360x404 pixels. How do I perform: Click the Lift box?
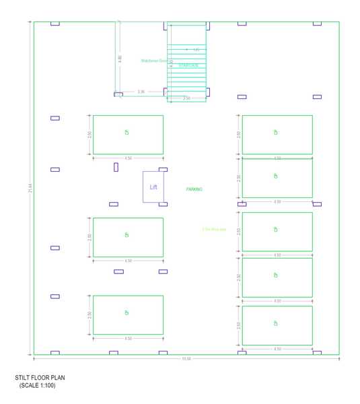[x=152, y=187]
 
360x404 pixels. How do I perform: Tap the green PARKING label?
[x=194, y=190]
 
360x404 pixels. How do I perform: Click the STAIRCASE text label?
[x=188, y=65]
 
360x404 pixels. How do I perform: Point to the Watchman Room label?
[x=153, y=61]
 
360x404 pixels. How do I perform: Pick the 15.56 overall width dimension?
[x=186, y=359]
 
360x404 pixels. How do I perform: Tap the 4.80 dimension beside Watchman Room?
[x=120, y=59]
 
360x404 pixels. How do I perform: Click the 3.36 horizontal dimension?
[x=141, y=92]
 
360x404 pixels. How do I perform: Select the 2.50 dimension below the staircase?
[x=186, y=98]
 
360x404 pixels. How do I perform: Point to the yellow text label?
[x=214, y=230]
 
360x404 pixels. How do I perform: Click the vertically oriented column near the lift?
[x=116, y=166]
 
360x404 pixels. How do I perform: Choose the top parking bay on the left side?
[x=128, y=135]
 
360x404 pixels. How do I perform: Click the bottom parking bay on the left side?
[x=128, y=314]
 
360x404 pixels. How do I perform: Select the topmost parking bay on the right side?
[x=277, y=135]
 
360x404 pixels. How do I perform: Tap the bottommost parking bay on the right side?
[x=277, y=325]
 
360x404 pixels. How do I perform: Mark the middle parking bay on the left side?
[x=128, y=237]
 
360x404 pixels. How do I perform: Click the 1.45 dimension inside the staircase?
[x=196, y=50]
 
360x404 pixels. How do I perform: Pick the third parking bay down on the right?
[x=277, y=232]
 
